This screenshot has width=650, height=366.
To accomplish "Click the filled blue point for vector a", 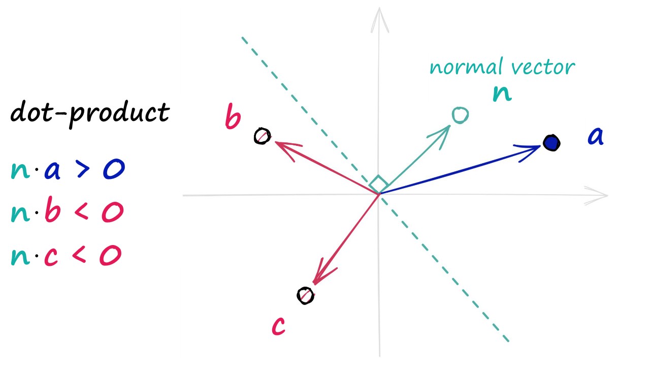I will click(x=551, y=143).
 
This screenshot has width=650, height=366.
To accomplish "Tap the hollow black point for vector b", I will click(x=263, y=136).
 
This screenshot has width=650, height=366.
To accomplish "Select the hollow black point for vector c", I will click(x=305, y=295).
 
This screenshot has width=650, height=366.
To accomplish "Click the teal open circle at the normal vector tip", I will click(x=460, y=115).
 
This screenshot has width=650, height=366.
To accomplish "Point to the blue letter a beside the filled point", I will click(x=595, y=137).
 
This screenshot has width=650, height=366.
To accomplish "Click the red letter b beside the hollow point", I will click(x=233, y=118).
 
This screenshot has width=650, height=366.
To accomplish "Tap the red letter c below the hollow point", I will click(x=278, y=326).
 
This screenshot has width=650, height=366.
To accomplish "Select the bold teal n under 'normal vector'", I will click(x=502, y=94).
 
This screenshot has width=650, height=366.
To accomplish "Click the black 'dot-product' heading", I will click(x=90, y=112).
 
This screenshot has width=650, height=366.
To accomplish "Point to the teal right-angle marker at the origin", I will click(x=378, y=184).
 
